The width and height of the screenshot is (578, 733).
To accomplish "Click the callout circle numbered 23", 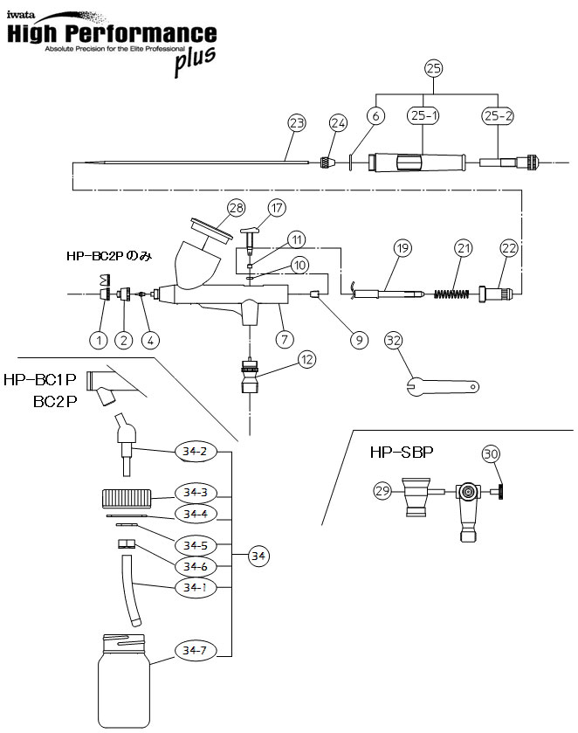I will [296, 122].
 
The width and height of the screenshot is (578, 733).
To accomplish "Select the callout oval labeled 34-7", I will [194, 650].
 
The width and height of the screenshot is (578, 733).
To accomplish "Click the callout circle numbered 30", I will [492, 453].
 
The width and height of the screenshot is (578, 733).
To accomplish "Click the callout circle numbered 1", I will [99, 337].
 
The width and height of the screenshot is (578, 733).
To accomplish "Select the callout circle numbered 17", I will [277, 208].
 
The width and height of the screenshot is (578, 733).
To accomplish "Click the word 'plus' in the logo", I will [194, 63].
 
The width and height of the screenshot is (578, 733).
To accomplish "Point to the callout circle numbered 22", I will [509, 248].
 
